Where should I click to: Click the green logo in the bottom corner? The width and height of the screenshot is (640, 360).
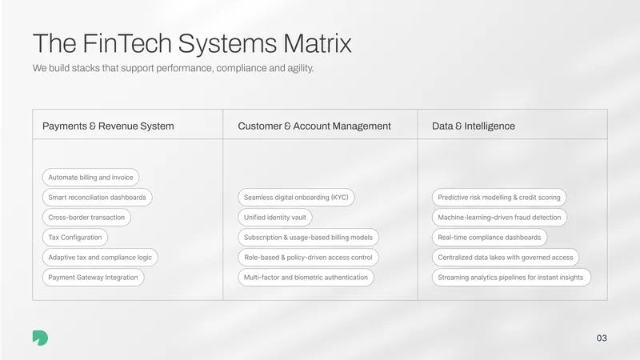(41, 338)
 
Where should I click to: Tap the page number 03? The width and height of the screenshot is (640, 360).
(602, 338)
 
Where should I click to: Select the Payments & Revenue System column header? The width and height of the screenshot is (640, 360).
(108, 126)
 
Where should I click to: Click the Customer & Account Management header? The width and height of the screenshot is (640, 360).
(314, 126)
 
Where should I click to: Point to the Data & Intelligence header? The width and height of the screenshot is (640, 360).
(474, 126)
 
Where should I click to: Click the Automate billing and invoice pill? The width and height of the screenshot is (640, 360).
(90, 177)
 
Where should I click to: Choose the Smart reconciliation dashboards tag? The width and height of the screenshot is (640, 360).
(97, 197)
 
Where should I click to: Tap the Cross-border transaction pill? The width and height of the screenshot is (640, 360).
(86, 217)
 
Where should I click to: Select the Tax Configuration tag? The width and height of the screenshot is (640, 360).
(75, 237)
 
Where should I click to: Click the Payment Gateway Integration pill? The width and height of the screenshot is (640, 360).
(93, 277)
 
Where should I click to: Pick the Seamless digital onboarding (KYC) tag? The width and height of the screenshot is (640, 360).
(296, 197)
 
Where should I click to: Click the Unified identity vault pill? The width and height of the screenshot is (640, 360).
(275, 217)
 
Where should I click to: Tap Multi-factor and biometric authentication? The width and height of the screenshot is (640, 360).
(306, 277)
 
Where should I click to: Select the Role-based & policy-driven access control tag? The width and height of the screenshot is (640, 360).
(308, 257)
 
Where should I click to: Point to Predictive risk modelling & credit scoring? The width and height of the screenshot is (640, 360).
(499, 197)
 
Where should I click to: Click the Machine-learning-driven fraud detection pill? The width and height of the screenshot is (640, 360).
(499, 217)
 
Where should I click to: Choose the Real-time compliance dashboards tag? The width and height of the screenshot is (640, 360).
(490, 237)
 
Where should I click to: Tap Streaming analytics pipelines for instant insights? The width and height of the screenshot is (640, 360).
(511, 277)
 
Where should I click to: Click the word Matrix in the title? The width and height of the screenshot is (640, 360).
(317, 43)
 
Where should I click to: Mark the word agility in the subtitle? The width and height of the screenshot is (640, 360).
(300, 68)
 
